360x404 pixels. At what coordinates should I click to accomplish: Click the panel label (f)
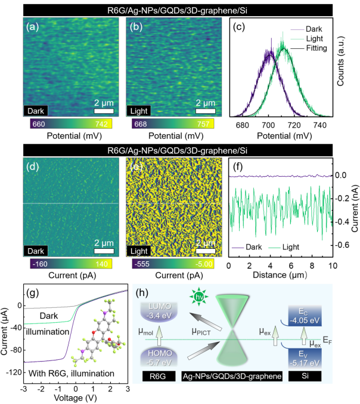coord(235,164)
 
